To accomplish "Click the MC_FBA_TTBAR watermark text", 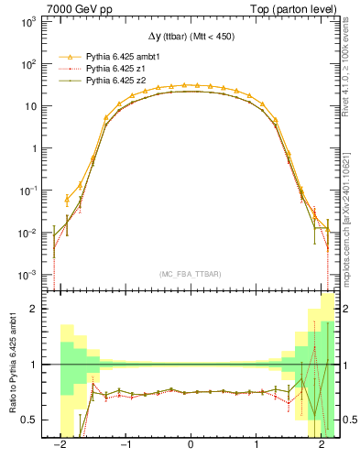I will (x=190, y=272).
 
